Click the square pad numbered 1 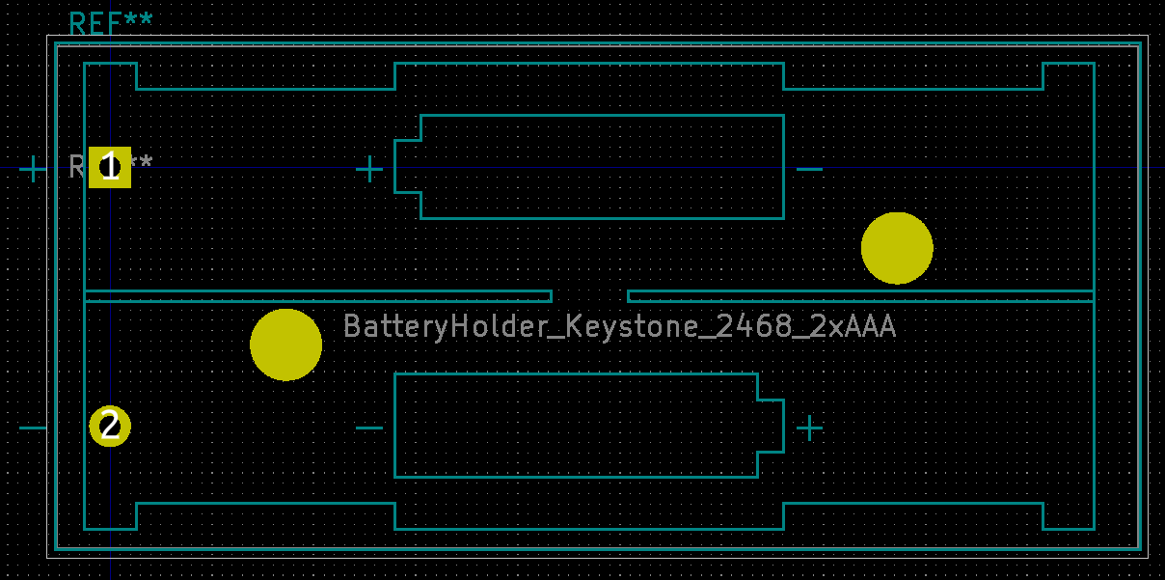110,167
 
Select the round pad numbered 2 110,426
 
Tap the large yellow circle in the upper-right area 897,248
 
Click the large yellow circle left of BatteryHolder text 285,345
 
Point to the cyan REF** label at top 111,24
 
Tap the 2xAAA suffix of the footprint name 854,326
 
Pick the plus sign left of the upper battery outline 369,170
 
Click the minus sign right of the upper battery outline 809,170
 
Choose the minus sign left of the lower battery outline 369,428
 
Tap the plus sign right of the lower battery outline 809,428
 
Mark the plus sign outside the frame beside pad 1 33,170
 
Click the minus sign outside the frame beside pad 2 33,428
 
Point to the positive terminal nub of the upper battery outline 408,167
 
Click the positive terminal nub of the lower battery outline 771,426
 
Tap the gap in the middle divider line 589,295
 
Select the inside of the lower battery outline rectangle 576,426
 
